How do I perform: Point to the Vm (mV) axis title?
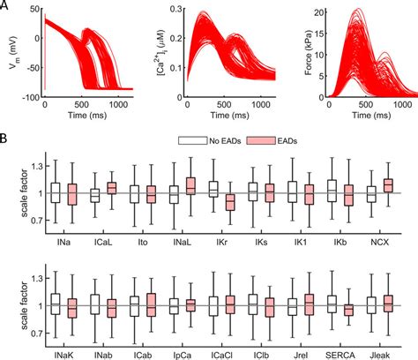click(10, 49)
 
